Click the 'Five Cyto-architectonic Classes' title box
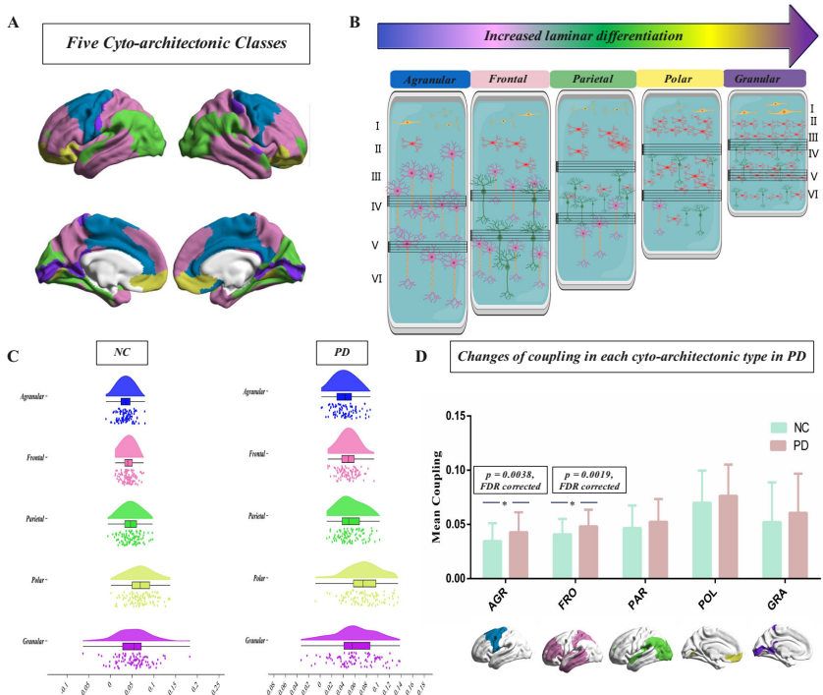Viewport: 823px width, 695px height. point(176,43)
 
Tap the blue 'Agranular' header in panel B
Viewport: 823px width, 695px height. point(429,79)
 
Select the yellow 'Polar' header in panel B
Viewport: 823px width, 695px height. point(679,79)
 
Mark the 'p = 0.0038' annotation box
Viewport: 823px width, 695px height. point(509,480)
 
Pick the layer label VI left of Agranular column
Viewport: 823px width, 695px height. point(378,280)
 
